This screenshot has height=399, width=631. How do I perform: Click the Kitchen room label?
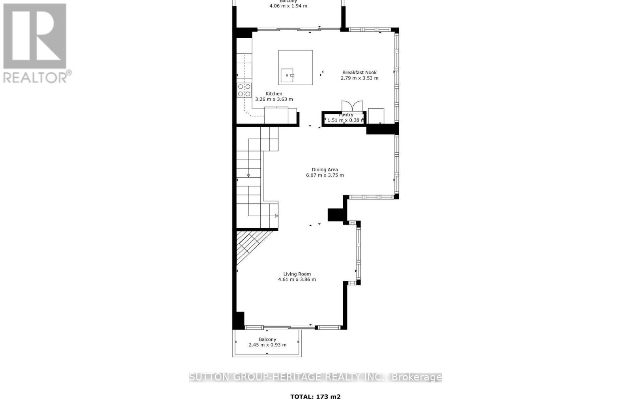(x=274, y=94)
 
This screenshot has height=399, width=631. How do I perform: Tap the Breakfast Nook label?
(x=359, y=72)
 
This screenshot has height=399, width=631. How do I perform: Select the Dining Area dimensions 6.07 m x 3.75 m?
(x=325, y=175)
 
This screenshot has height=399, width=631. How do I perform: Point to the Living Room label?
(x=297, y=274)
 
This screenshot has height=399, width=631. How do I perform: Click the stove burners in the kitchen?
(x=244, y=90)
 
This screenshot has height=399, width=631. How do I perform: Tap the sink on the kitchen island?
(x=287, y=75)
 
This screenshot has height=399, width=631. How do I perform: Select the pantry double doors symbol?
(x=352, y=106)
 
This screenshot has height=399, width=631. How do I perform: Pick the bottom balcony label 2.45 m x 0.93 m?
(x=267, y=345)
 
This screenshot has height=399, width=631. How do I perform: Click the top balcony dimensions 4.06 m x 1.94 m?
(x=288, y=6)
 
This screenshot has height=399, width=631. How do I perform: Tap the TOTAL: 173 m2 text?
(x=315, y=397)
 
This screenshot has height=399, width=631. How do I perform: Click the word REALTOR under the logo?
(x=35, y=77)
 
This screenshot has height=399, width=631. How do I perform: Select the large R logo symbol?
(x=35, y=36)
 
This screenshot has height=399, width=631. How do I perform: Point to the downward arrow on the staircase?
(x=248, y=175)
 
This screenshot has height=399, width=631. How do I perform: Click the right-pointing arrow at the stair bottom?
(x=276, y=216)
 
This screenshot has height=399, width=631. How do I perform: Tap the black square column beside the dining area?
(x=335, y=215)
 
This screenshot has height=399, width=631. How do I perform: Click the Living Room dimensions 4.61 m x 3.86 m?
(x=297, y=279)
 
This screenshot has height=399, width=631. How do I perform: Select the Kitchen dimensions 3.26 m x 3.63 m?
(x=274, y=99)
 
